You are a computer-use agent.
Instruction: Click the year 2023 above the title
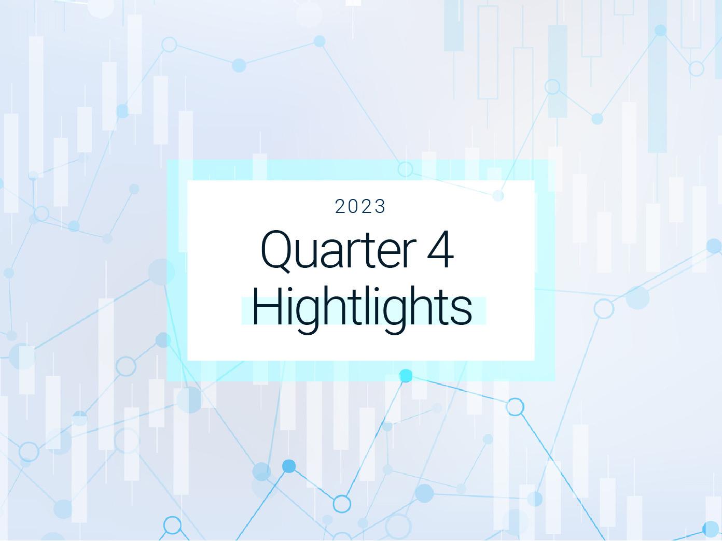coord(360,207)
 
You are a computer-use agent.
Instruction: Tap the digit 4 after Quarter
coord(440,249)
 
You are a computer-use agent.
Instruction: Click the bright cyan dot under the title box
coord(406,376)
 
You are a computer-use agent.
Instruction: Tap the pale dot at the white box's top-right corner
coord(498,196)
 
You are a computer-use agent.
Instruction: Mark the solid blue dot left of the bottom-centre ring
coord(289,466)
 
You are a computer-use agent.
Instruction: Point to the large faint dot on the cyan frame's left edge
coord(161,272)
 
